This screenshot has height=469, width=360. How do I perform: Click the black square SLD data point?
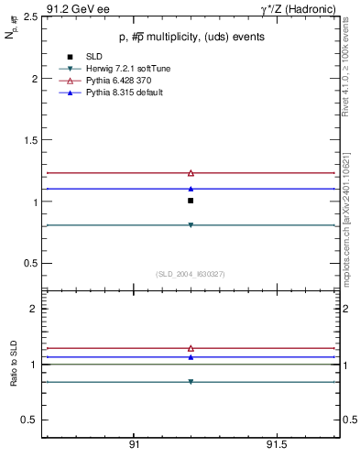pyautogui.click(x=191, y=200)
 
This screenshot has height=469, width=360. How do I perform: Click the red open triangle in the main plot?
pyautogui.click(x=191, y=172)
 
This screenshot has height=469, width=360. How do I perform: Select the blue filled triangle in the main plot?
pyautogui.click(x=191, y=188)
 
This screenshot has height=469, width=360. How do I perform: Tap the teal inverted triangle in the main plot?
pyautogui.click(x=191, y=224)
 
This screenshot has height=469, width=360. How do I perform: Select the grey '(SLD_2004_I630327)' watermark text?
pyautogui.click(x=190, y=274)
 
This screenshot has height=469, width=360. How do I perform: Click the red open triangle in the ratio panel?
pyautogui.click(x=191, y=348)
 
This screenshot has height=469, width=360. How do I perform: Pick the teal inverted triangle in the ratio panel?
pyautogui.click(x=191, y=382)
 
